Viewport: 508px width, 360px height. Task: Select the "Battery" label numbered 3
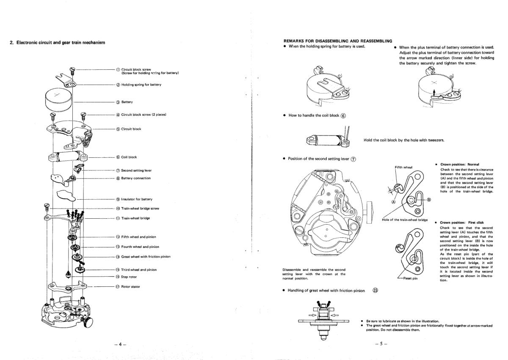coord(127,102)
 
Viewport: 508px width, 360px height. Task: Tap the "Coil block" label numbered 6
coord(129,157)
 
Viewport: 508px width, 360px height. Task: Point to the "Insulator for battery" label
coord(136,199)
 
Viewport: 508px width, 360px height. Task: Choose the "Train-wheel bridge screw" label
coord(140,208)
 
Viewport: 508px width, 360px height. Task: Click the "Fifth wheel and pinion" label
coord(137,237)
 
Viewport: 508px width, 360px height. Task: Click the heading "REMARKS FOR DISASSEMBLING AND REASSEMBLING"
coord(338,41)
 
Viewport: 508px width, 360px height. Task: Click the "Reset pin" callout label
coord(409,284)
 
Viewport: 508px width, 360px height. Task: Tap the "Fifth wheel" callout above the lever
coord(403,167)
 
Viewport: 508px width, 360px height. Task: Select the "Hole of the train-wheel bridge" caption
coord(405,220)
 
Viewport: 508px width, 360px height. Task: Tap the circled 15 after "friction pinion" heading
coord(375,290)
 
